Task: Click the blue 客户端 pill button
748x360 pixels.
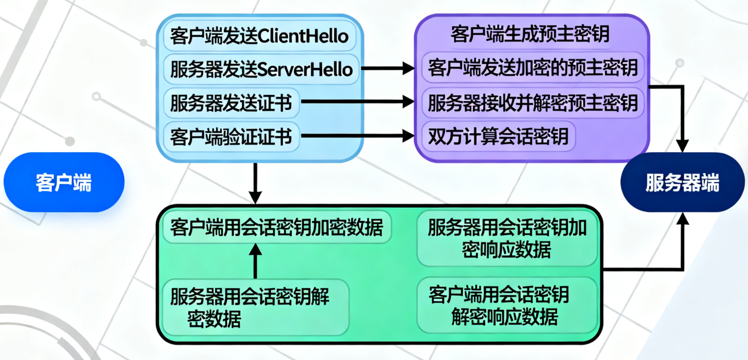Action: [x=64, y=182]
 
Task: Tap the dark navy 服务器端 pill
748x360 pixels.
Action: [x=683, y=182]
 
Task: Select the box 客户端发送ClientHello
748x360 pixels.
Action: [x=260, y=37]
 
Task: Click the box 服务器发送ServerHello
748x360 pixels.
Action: [x=261, y=68]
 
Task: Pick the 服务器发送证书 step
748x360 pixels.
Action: [x=231, y=103]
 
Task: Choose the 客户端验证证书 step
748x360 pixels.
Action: [x=231, y=137]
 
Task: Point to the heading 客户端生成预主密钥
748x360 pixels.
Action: [x=530, y=34]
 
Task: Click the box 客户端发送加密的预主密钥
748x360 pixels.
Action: [x=532, y=67]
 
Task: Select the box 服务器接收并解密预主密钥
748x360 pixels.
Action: [x=532, y=103]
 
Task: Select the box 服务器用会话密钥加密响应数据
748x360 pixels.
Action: [x=507, y=239]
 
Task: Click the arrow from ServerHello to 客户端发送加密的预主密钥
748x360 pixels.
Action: [x=388, y=68]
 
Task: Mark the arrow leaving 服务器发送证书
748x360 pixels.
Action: [x=358, y=102]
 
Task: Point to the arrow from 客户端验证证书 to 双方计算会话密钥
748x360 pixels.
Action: [x=358, y=136]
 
